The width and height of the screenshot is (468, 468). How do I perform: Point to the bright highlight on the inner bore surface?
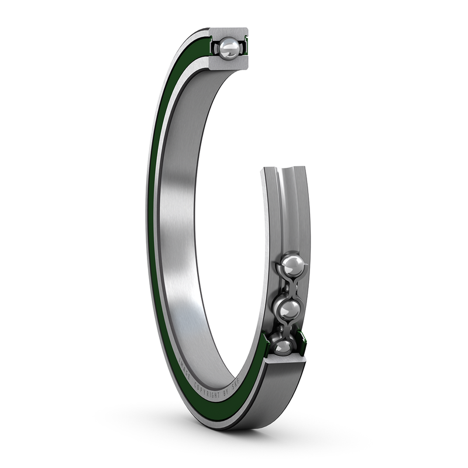point(187,292)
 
